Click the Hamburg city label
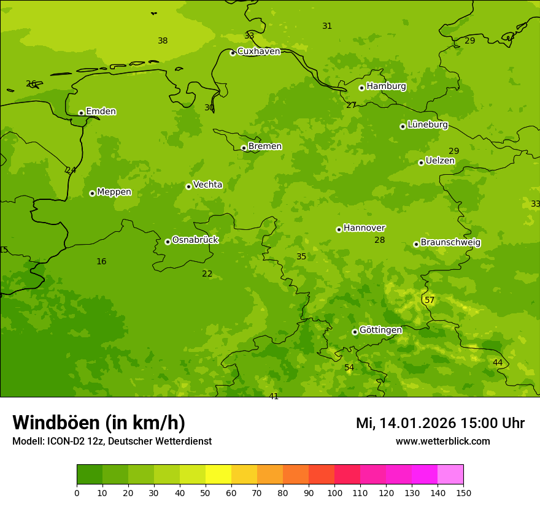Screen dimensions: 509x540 386,86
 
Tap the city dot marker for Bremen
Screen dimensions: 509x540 244,148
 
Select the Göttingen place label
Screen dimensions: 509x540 380,330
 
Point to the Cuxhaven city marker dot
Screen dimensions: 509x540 233,53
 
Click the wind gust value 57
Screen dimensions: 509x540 430,300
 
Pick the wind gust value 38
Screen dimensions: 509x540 163,41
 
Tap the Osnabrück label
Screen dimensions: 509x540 195,240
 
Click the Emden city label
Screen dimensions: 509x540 101,111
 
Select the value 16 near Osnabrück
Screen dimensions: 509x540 101,262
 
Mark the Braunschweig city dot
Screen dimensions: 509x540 416,244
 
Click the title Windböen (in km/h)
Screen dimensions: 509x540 99,423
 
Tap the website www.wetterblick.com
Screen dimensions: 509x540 442,442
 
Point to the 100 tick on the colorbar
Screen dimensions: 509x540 334,492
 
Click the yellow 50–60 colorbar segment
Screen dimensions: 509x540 218,475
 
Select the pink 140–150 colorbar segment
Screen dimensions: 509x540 450,475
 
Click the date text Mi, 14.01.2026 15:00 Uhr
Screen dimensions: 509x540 440,423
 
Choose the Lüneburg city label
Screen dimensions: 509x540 427,124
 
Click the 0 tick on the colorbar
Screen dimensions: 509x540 77,492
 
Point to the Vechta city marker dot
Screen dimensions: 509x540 188,186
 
